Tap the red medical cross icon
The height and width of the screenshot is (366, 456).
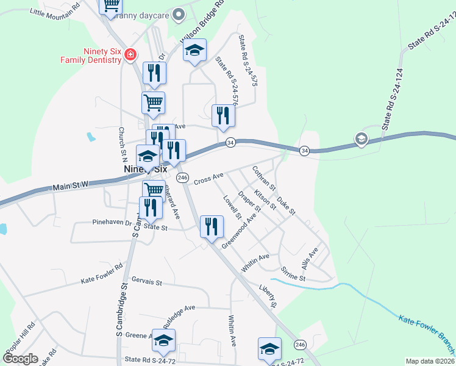coord(129,56)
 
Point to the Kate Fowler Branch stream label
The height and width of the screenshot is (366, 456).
coord(427,333)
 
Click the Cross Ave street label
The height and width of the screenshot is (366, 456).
coord(208,178)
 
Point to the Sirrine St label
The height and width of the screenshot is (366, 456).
coord(293,273)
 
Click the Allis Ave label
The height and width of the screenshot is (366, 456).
coord(310,259)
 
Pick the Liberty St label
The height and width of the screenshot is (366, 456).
coord(268,296)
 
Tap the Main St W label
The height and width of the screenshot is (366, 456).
coord(71,184)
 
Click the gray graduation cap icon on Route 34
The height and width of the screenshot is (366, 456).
coord(362,139)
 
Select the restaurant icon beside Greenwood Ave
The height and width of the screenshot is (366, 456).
coord(212,226)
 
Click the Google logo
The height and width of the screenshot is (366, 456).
coord(20,358)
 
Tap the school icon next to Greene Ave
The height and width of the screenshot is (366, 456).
coord(163,340)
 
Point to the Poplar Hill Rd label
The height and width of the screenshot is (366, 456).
coord(23,335)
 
